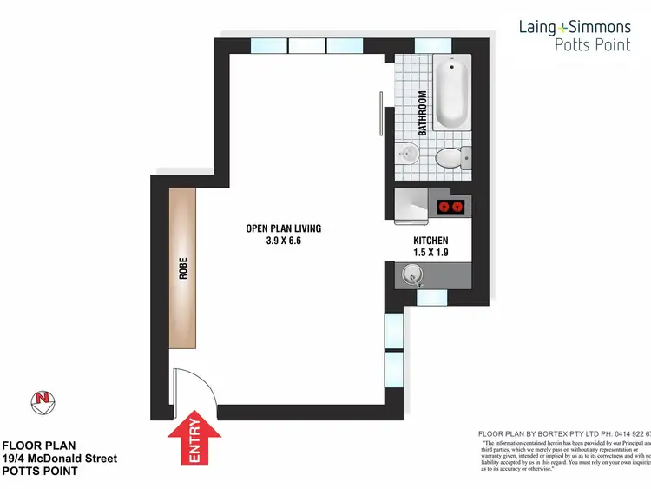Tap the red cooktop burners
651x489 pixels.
pos(451,207)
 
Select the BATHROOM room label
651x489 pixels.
pos(423,114)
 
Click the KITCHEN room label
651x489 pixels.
pos(430,240)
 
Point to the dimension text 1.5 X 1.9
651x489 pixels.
pos(430,253)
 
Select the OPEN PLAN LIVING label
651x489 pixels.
pos(283,228)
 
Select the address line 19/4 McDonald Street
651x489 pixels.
pos(59,458)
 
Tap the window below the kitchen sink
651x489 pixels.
pos(431,298)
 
